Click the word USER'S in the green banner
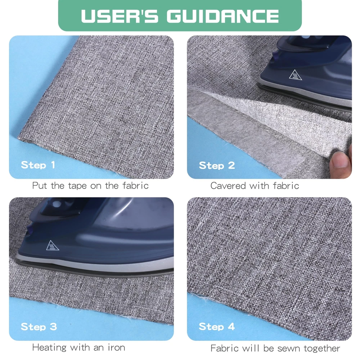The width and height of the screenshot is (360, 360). tap(120, 16)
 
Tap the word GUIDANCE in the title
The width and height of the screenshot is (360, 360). tap(223, 16)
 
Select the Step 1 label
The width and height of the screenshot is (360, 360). tap(38, 165)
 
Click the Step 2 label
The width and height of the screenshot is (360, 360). tap(217, 166)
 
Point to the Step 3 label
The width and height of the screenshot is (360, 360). tap(39, 327)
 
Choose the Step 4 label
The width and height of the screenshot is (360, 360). tap(217, 327)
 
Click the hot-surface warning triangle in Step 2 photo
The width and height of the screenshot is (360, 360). tap(295, 75)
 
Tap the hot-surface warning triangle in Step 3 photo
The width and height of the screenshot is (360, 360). tap(53, 246)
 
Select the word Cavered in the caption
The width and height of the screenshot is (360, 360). tap(228, 186)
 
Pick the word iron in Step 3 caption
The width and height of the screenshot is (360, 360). tap(117, 348)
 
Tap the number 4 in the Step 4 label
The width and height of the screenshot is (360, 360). tap(231, 327)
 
